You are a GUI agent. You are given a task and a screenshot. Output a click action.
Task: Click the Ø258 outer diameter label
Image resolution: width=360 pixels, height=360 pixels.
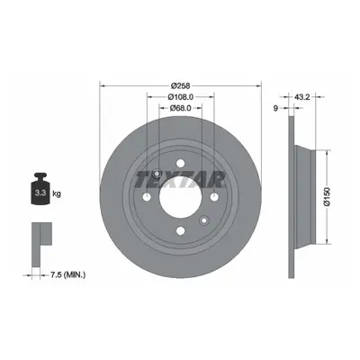180,86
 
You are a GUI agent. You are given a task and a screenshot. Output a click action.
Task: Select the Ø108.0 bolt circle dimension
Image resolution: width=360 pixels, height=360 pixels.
180,97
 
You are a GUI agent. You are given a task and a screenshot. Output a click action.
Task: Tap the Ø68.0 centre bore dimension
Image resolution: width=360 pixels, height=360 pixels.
180,108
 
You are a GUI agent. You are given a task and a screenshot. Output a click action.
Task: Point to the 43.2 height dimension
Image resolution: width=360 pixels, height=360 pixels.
302,97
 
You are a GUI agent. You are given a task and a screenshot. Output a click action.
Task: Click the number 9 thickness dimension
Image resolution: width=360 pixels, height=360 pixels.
275,108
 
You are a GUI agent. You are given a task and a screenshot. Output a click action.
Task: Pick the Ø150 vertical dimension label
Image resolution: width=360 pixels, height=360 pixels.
327,196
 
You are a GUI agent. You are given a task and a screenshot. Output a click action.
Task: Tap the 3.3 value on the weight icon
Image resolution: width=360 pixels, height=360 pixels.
40,193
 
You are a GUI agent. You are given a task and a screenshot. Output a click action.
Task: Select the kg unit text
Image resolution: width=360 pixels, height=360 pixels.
57,193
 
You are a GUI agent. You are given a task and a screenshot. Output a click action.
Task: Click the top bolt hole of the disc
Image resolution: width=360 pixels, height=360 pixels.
180,164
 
